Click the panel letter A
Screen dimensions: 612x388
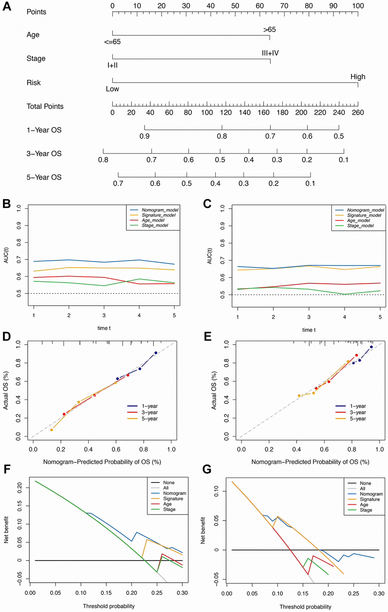(x=6, y=8)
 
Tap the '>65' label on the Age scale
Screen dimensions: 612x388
(x=269, y=30)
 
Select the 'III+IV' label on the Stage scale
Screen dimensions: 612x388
(x=270, y=53)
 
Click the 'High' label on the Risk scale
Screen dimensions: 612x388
(x=358, y=77)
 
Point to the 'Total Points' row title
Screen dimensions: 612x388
(x=45, y=107)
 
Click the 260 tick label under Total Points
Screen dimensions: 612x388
(x=358, y=112)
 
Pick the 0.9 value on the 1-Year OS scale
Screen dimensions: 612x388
(x=145, y=136)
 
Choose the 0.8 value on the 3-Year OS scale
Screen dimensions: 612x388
(x=103, y=160)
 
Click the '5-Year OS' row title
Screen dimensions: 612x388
(x=44, y=177)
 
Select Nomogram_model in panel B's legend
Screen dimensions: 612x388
(x=160, y=210)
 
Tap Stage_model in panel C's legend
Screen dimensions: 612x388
(x=360, y=226)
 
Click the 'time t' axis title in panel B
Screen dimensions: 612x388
(x=104, y=328)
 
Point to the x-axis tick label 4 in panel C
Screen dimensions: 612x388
(x=344, y=317)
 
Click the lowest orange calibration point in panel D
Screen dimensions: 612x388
(x=51, y=430)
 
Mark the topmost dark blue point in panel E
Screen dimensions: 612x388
(x=371, y=347)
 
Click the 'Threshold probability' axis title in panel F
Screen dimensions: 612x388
(x=109, y=606)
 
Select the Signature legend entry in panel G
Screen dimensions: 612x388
(x=370, y=499)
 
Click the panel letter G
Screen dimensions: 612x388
(x=207, y=469)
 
